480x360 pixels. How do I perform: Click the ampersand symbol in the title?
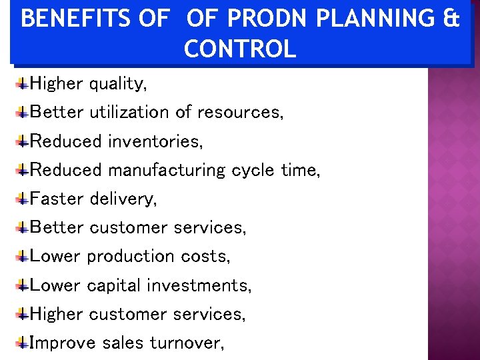point(451,19)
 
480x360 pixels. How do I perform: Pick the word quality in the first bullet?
point(117,84)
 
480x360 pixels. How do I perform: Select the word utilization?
point(129,112)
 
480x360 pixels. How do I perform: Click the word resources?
point(239,112)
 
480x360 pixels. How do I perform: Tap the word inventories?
point(155,141)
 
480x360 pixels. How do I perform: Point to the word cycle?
point(253,170)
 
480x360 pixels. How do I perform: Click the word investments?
point(199,285)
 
